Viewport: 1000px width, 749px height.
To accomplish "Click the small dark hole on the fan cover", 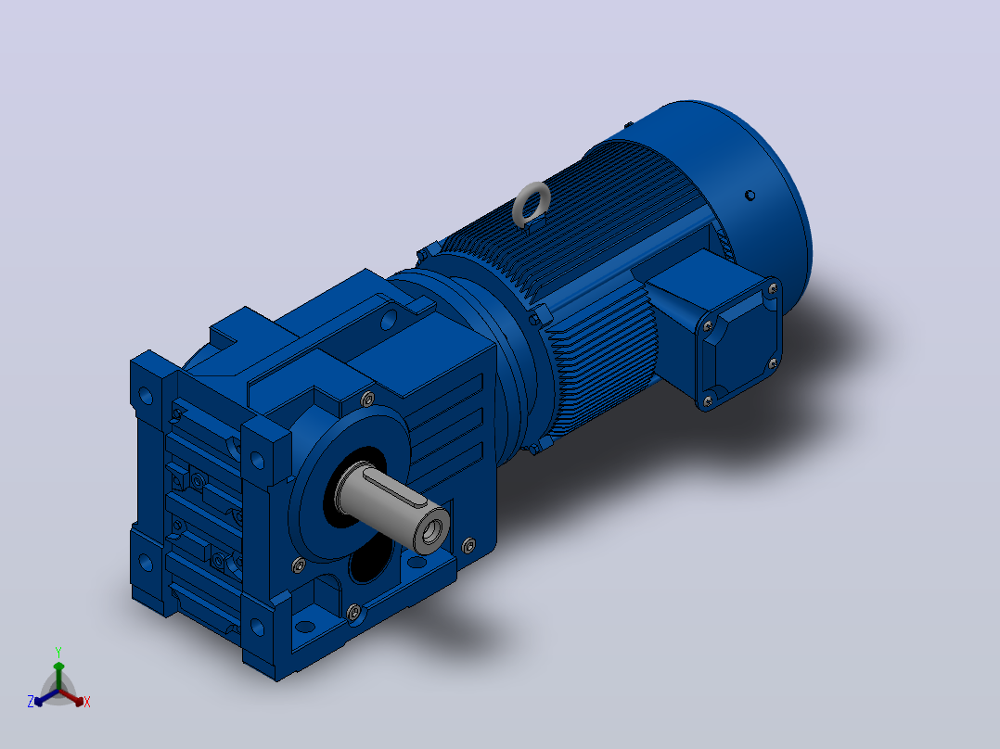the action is [750, 195].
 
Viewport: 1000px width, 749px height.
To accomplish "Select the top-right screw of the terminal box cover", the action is [773, 289].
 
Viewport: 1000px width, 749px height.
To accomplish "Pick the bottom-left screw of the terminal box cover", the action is [707, 401].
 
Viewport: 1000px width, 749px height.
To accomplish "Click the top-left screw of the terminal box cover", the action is [708, 326].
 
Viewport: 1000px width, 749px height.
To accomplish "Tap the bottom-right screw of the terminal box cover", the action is [773, 363].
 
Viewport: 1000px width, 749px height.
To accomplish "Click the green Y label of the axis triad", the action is [58, 652].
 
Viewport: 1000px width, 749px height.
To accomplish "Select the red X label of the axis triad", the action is [87, 702].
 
